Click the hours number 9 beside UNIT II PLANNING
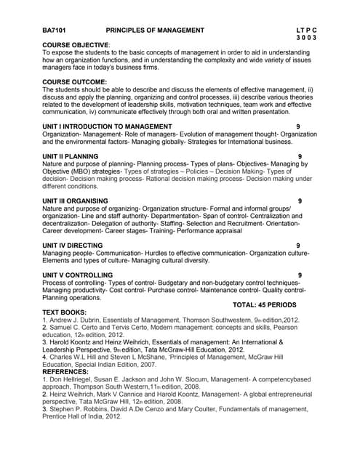pos(300,156)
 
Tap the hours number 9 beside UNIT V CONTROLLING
pos(300,275)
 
